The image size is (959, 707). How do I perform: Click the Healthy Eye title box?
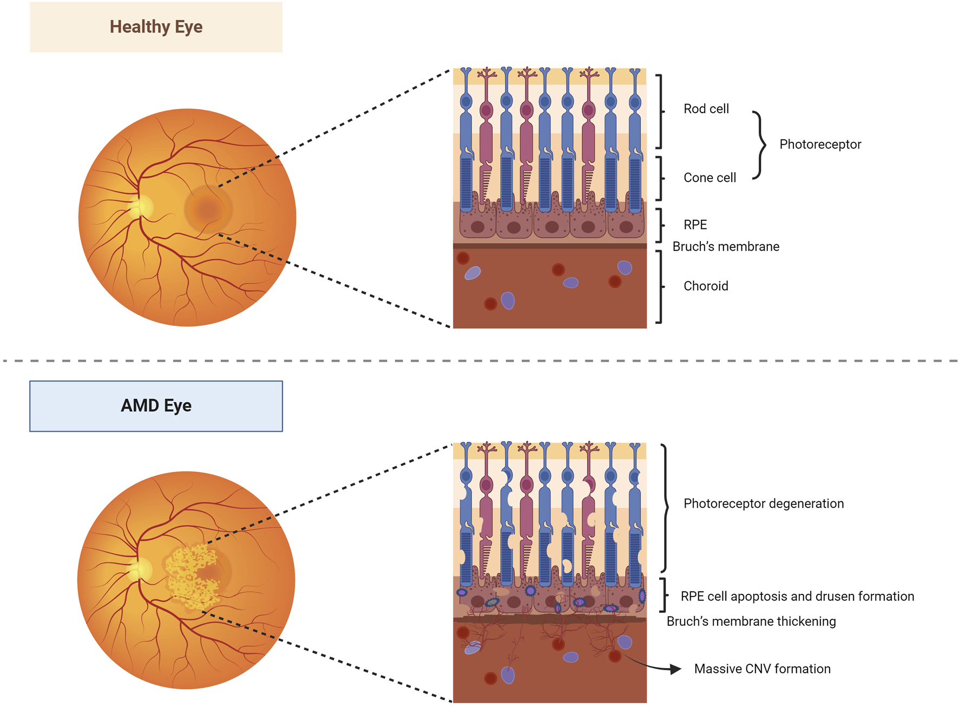point(156,27)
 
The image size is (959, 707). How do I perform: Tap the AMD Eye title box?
point(156,406)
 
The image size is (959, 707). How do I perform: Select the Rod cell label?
point(706,109)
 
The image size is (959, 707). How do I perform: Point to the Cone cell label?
point(710,178)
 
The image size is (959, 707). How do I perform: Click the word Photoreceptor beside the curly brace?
point(820,145)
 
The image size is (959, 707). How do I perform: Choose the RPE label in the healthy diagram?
point(695,225)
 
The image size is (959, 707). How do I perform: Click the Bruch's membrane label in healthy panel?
point(726,247)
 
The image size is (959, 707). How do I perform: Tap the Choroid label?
point(706,286)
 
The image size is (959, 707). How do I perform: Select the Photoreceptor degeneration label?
point(763,503)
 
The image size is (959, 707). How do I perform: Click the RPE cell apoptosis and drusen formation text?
point(797,596)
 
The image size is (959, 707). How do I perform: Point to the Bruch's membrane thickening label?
point(751,621)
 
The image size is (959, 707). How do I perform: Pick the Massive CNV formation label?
point(762,669)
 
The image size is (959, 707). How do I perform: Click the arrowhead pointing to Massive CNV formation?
point(675,669)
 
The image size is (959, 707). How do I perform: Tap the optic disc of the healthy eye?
point(142,207)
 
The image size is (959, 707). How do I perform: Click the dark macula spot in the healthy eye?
point(208,209)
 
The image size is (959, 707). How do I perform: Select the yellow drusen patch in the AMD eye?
point(189,577)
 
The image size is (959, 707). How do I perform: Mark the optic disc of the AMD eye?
point(141,570)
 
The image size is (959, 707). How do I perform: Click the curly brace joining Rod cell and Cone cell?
point(760,145)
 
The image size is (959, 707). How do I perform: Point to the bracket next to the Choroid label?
point(660,286)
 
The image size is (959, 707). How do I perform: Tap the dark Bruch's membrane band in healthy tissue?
point(549,246)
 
